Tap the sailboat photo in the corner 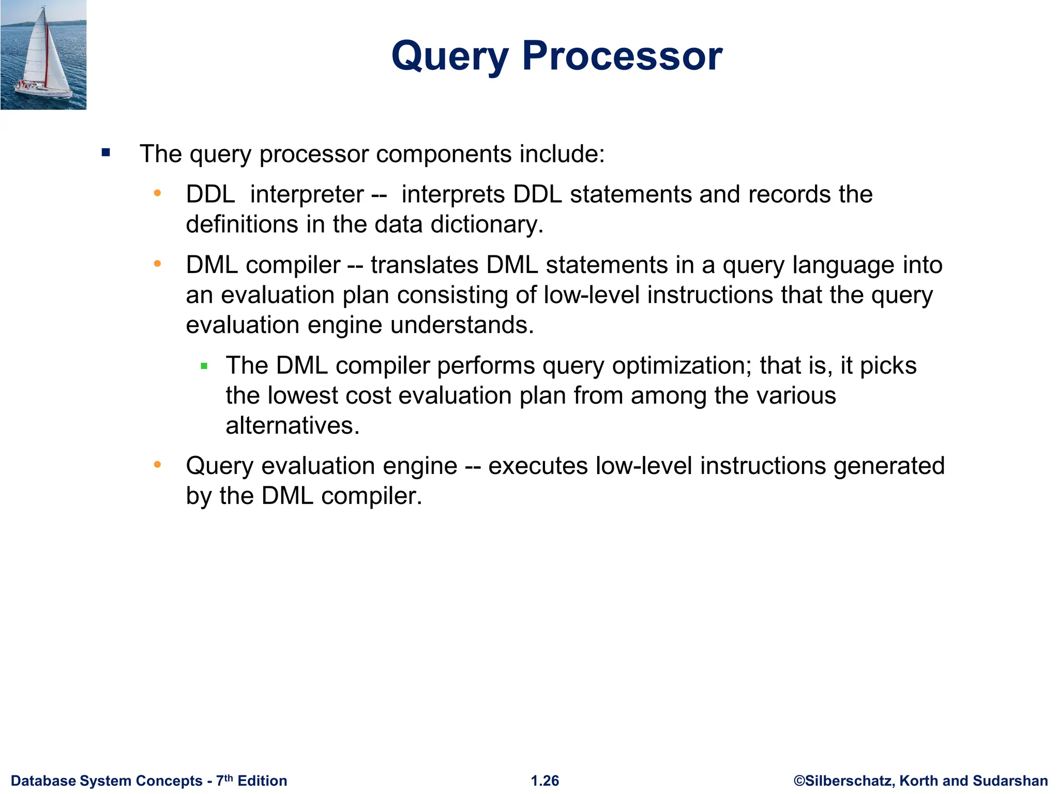click(x=43, y=55)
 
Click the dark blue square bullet click(x=106, y=152)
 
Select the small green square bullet click(x=204, y=367)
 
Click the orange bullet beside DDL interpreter click(x=157, y=194)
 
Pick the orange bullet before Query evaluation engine click(x=157, y=465)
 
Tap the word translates click(x=425, y=265)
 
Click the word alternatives click(x=292, y=426)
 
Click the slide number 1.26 click(x=545, y=781)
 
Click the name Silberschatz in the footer click(x=848, y=781)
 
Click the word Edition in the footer click(x=262, y=781)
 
